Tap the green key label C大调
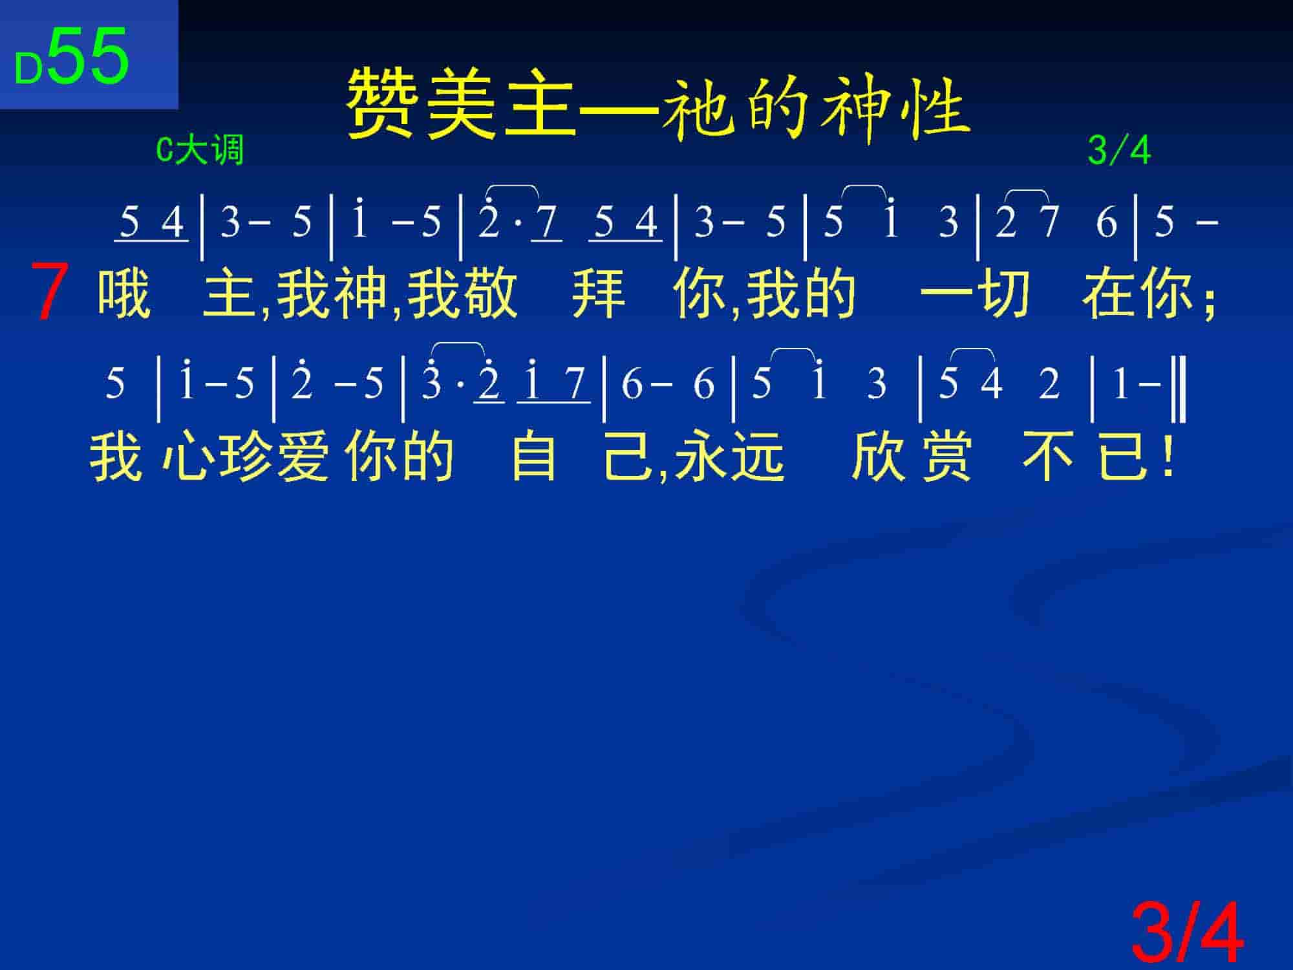pos(200,151)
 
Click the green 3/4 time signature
pos(1119,151)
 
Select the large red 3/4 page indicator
pos(1187,932)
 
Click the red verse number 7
pos(49,292)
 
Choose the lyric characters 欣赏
pos(912,457)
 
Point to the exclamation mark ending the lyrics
pos(1167,456)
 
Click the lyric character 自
pos(534,457)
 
